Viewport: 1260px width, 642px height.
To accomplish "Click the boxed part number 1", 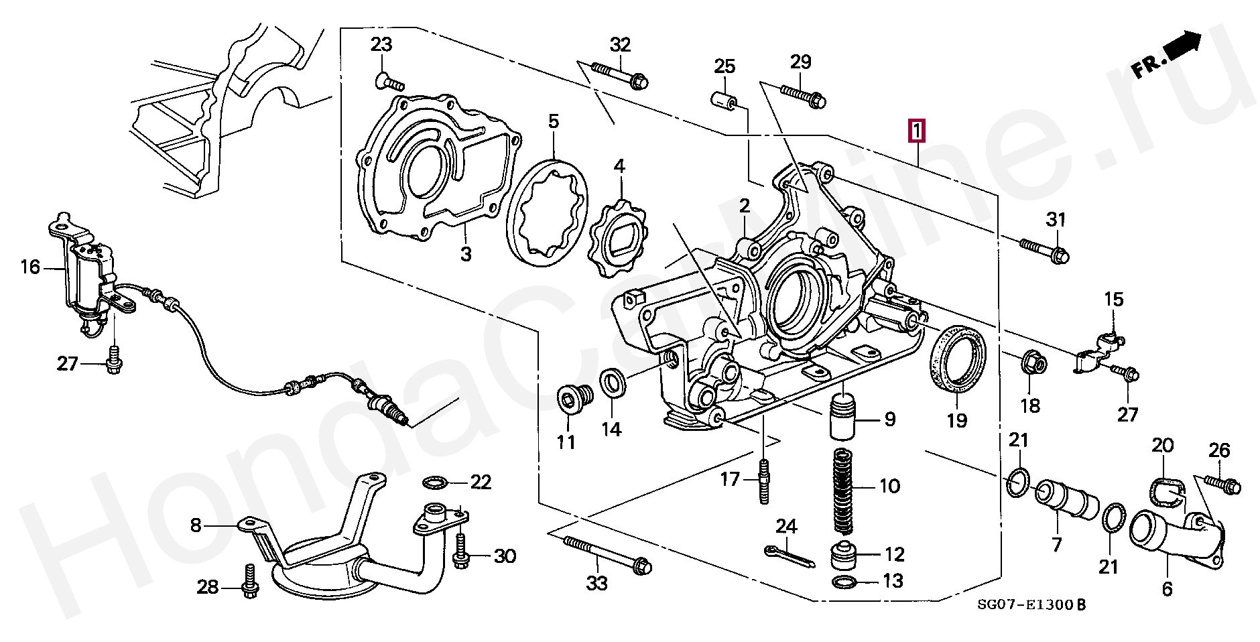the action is tap(916, 131).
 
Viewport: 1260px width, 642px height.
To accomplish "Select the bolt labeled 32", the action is tap(619, 75).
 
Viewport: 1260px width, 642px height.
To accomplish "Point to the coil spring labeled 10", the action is tap(844, 491).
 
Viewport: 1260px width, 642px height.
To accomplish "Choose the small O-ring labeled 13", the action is tap(844, 582).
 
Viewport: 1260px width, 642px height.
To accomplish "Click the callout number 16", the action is tap(30, 267).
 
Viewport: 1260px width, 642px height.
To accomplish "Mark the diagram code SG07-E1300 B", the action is tap(1031, 605).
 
